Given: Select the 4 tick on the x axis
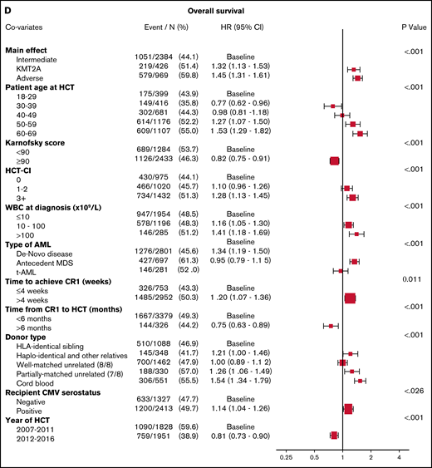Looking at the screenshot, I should [x=399, y=457].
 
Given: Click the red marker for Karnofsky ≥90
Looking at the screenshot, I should [x=335, y=161].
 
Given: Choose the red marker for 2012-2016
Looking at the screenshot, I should [x=334, y=434].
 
